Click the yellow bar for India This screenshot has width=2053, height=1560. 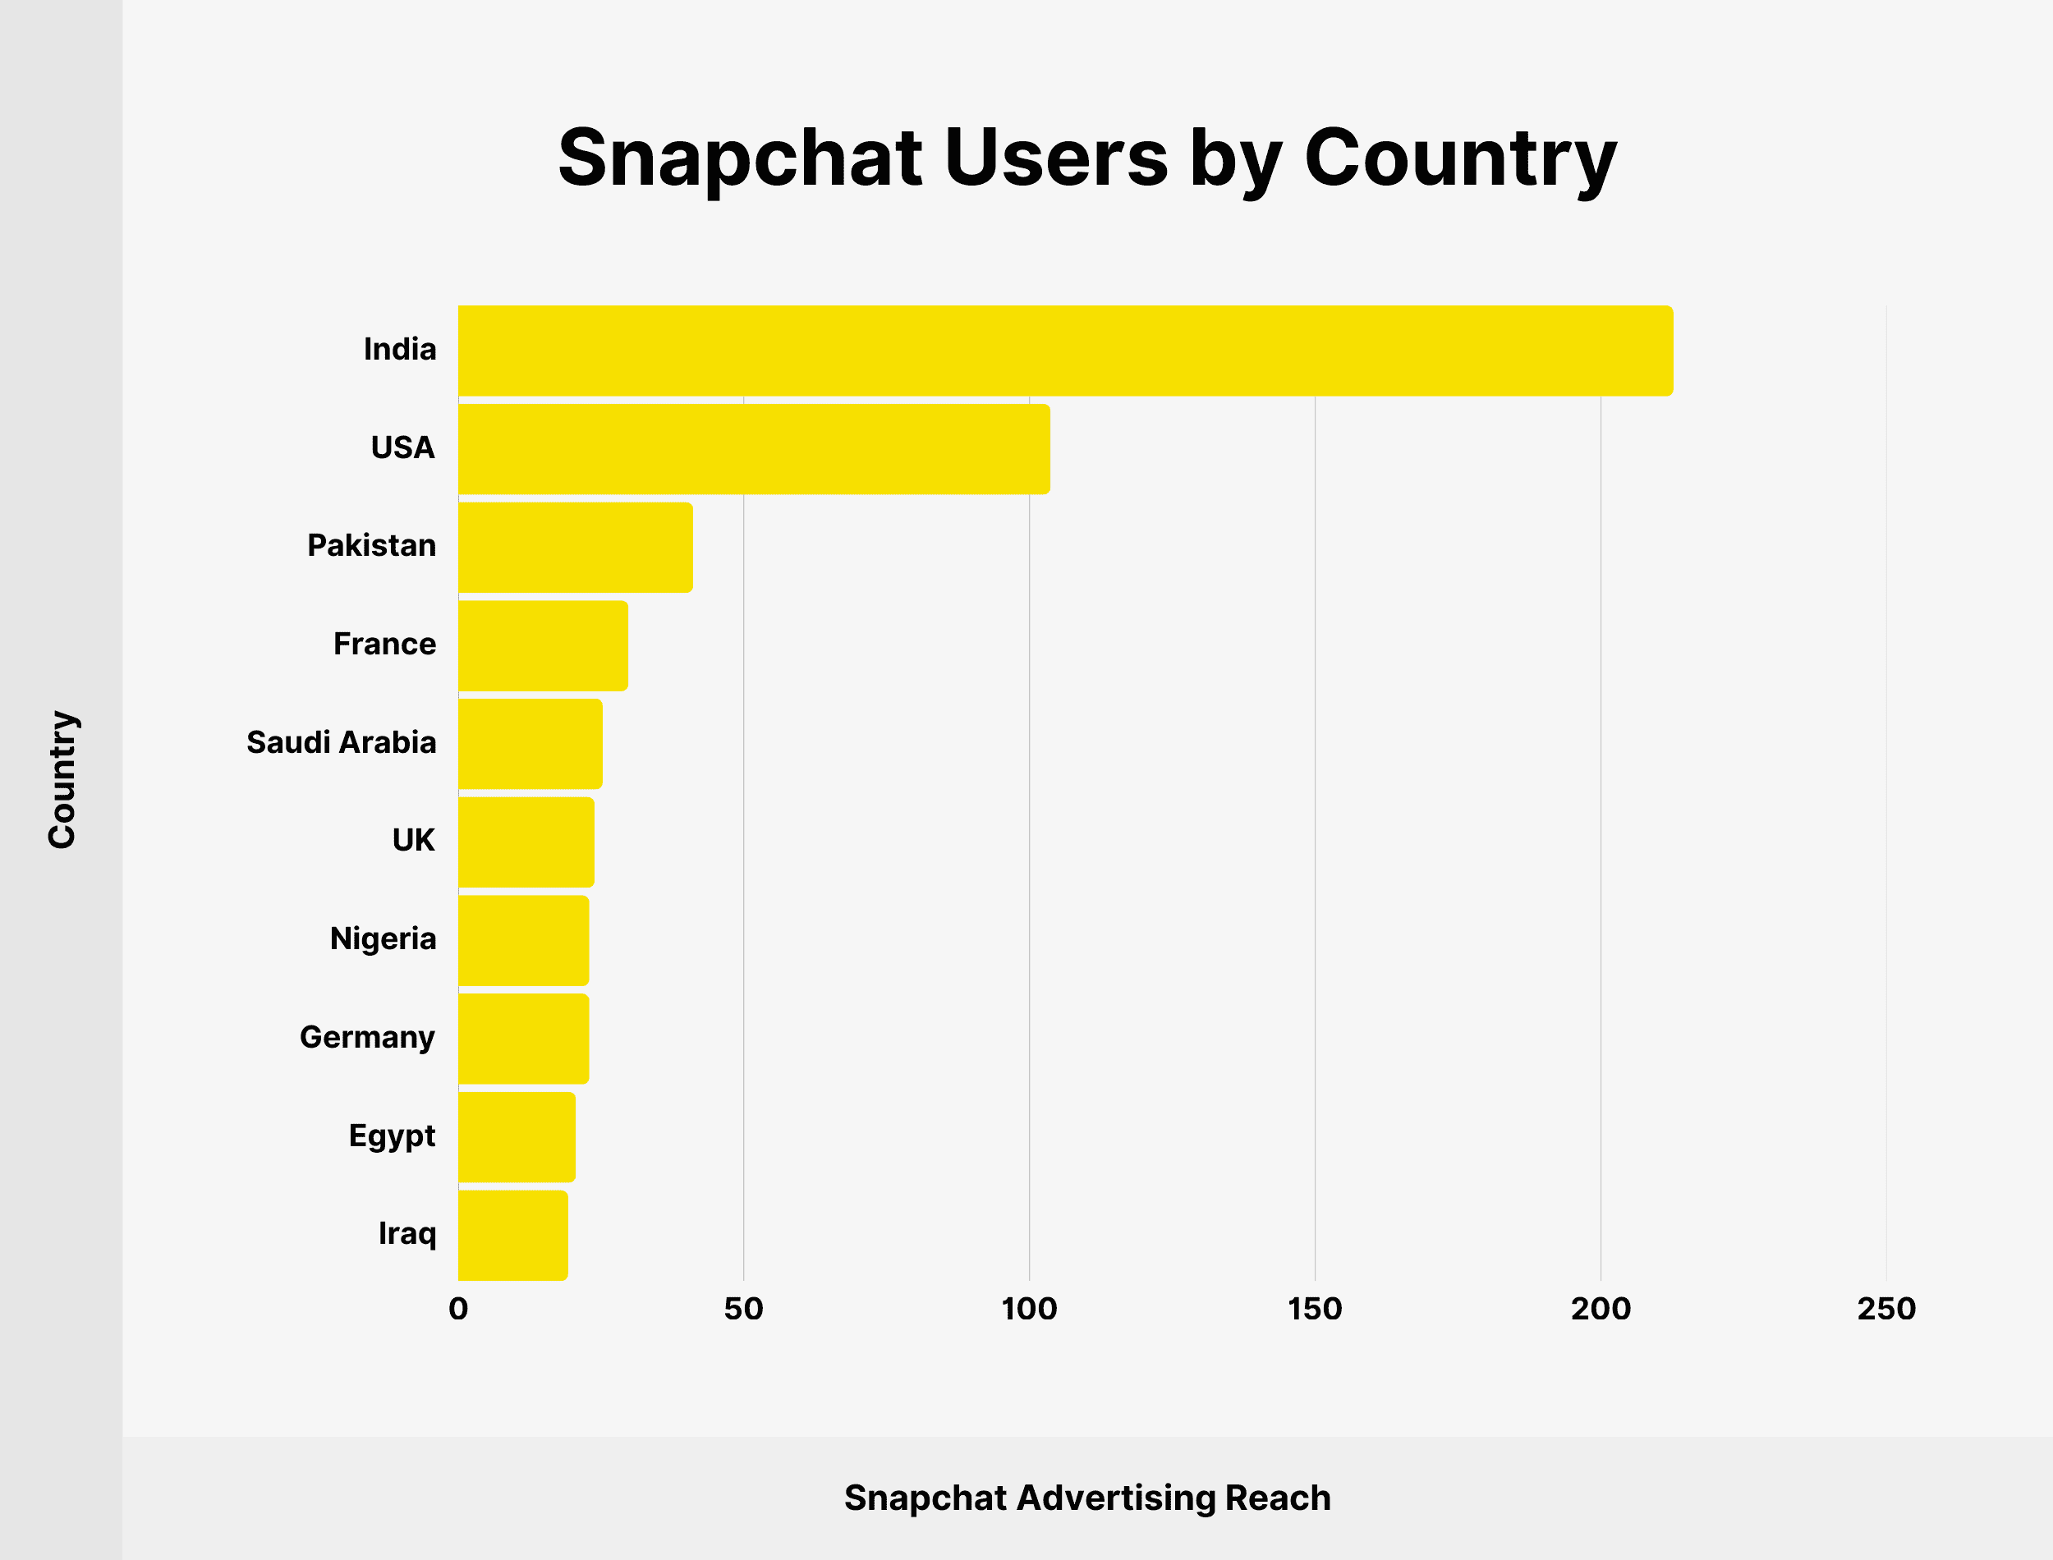pyautogui.click(x=1065, y=351)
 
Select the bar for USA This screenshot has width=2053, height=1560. pyautogui.click(x=754, y=449)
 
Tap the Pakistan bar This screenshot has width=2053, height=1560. pyautogui.click(x=576, y=548)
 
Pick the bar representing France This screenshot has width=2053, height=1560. pyautogui.click(x=543, y=646)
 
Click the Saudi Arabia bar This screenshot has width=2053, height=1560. pyautogui.click(x=530, y=745)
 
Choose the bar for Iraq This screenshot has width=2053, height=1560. pyautogui.click(x=512, y=1236)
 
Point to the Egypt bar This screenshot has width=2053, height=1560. pyautogui.click(x=517, y=1137)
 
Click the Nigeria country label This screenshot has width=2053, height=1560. pyautogui.click(x=383, y=938)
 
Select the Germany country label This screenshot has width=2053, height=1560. pyautogui.click(x=367, y=1037)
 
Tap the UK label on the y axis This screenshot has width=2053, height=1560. pyautogui.click(x=413, y=841)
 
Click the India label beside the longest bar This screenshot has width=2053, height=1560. pyautogui.click(x=399, y=349)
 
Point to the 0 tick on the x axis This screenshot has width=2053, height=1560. pyautogui.click(x=457, y=1310)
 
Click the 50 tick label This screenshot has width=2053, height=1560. pyautogui.click(x=744, y=1310)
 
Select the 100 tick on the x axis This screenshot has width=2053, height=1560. pyautogui.click(x=1029, y=1310)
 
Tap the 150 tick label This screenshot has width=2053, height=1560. pyautogui.click(x=1315, y=1310)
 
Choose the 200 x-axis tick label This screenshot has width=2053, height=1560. pyautogui.click(x=1601, y=1310)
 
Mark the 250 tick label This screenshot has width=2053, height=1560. pyautogui.click(x=1885, y=1310)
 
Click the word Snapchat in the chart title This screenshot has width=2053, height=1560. pyautogui.click(x=740, y=158)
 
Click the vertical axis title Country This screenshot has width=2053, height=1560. pyautogui.click(x=62, y=780)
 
